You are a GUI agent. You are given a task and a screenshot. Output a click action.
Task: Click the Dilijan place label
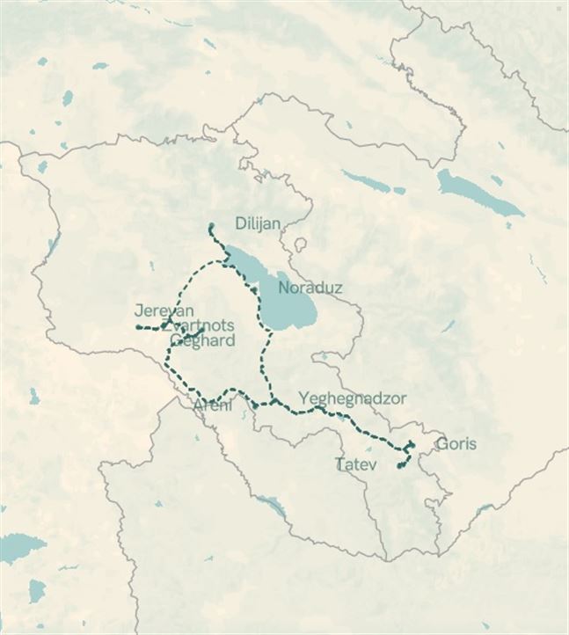click(x=258, y=223)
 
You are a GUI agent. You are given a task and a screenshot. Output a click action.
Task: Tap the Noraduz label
click(x=310, y=288)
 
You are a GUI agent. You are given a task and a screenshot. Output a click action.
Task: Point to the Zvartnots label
click(x=199, y=325)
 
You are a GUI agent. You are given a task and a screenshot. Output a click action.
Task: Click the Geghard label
click(x=203, y=340)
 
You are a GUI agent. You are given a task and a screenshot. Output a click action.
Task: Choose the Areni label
click(x=212, y=405)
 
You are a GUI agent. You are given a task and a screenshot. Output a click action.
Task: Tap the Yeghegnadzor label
click(x=353, y=398)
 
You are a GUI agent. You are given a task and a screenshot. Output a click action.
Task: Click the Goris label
click(x=456, y=443)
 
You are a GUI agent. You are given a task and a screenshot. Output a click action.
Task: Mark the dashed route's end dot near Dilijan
click(x=210, y=227)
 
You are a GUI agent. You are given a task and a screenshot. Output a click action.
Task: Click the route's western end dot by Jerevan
click(x=137, y=327)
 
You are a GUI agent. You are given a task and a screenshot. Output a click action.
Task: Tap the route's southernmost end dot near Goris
click(x=400, y=466)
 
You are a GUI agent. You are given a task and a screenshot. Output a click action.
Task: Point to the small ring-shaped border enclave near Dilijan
click(x=300, y=244)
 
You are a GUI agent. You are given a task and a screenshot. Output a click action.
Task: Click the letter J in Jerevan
click(x=139, y=311)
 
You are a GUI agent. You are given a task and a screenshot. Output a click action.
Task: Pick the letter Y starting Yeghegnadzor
click(x=304, y=398)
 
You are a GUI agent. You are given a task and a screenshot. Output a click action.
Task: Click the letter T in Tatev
click(x=339, y=463)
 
